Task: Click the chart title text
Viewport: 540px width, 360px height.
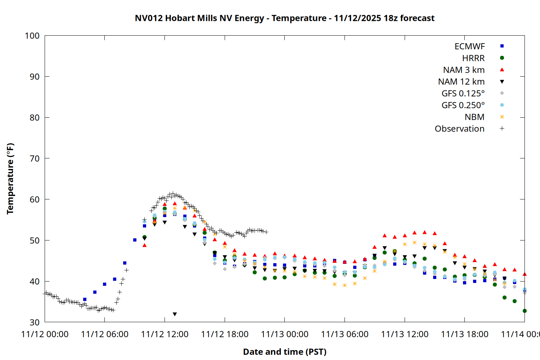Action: (x=284, y=18)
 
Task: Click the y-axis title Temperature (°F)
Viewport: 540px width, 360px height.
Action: (x=10, y=179)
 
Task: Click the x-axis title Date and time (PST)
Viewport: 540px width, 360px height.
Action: (x=284, y=352)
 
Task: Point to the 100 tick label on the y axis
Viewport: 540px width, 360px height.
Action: (x=32, y=36)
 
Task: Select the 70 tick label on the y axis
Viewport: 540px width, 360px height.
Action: (x=35, y=158)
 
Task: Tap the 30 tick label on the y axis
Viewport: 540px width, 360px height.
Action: (x=35, y=322)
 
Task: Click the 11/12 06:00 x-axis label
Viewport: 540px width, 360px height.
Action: (x=105, y=334)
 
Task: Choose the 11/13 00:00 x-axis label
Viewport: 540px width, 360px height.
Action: (x=285, y=334)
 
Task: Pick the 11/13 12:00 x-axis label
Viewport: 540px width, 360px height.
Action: (x=405, y=334)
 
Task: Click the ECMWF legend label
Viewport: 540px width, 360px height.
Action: (x=469, y=46)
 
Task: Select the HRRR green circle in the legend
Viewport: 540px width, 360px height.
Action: (x=502, y=58)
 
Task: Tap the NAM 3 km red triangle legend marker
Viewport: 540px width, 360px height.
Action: (x=502, y=70)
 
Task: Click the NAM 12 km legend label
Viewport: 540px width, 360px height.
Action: (x=461, y=82)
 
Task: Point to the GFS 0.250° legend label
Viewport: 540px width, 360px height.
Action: (x=463, y=105)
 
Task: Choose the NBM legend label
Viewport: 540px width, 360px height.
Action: (x=474, y=117)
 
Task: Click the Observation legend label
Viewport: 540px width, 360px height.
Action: (x=459, y=129)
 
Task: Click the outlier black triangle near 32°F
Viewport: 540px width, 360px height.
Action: (x=175, y=314)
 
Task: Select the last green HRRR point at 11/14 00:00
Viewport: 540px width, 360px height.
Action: (x=525, y=311)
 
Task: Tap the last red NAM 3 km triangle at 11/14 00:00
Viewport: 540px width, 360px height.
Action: (x=525, y=274)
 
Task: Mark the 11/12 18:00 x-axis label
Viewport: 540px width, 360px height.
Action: (x=225, y=334)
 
